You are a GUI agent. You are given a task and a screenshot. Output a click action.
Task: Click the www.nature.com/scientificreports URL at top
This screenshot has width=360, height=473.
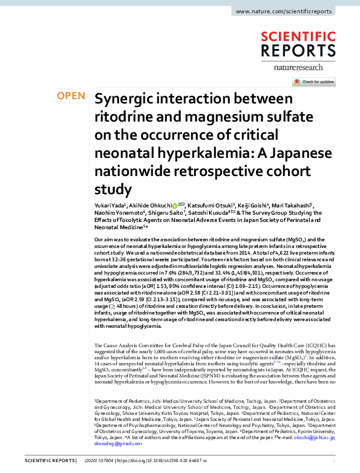pyautogui.click(x=292, y=11)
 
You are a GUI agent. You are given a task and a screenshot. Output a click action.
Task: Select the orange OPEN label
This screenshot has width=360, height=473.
pyautogui.click(x=71, y=96)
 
